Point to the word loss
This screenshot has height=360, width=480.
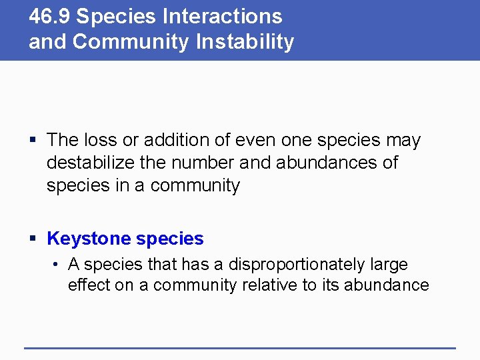[x=101, y=141]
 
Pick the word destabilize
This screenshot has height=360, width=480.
[x=87, y=163]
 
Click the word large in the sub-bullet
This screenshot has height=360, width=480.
[x=390, y=265]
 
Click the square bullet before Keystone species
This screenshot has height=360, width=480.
[x=33, y=239]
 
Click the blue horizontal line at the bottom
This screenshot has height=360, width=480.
[x=239, y=347]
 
